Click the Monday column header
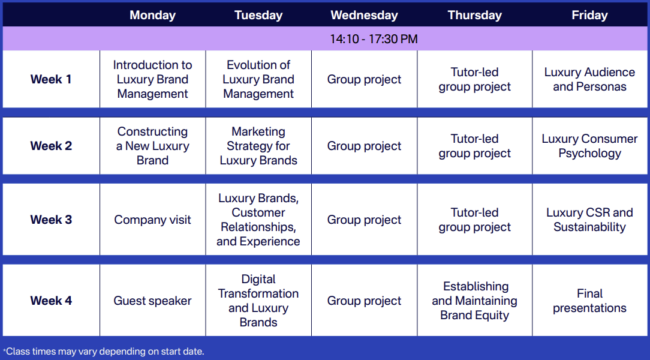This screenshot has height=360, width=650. pos(152,16)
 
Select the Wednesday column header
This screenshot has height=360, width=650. pos(364,16)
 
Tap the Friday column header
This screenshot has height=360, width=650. pos(589,16)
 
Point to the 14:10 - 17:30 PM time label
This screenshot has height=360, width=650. pos(374,39)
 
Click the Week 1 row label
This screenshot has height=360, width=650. pos(51,79)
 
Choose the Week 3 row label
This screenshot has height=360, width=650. pos(51,220)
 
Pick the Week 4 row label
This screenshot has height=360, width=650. pos(51,300)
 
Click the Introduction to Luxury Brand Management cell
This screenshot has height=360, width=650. pos(152,79)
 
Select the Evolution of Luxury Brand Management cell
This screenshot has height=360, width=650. pos(258,79)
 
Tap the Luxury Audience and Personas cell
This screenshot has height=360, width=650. pos(589,79)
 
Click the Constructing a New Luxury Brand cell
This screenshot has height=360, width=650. pos(152,146)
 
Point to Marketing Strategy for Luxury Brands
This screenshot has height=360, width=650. pos(258,146)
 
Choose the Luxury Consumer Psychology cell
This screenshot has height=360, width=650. pos(589,146)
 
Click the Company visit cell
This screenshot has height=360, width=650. pos(152,220)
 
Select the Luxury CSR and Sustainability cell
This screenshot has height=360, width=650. pos(589,220)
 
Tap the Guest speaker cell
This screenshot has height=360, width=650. pos(152,300)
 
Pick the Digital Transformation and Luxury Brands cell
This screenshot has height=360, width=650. pos(258,300)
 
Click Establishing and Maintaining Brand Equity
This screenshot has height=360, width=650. pos(475,300)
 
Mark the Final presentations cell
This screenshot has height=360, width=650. pos(589,300)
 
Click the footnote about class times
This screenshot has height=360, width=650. pos(104,351)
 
